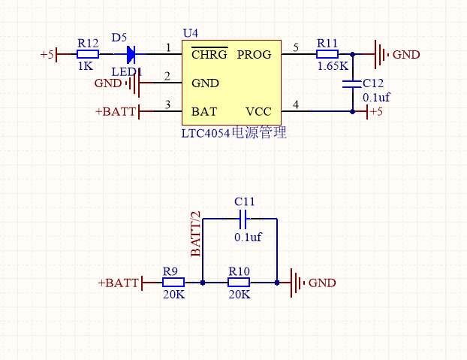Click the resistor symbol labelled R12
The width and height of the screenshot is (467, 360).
88,54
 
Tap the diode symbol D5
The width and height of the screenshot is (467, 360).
131,54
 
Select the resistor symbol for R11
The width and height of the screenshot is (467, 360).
327,54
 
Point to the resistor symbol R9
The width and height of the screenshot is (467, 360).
174,283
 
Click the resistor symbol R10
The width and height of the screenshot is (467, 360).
239,283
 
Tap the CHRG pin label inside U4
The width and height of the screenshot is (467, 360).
209,55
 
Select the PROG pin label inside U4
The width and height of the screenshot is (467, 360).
254,55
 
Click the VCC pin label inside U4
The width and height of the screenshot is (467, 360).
258,111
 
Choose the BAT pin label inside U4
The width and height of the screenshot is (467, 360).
204,111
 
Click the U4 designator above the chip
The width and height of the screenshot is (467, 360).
191,34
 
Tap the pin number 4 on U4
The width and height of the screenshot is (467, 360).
295,104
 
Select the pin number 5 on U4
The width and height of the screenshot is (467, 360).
295,48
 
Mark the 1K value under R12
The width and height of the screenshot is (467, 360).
85,66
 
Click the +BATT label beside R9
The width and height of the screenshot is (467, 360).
118,283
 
